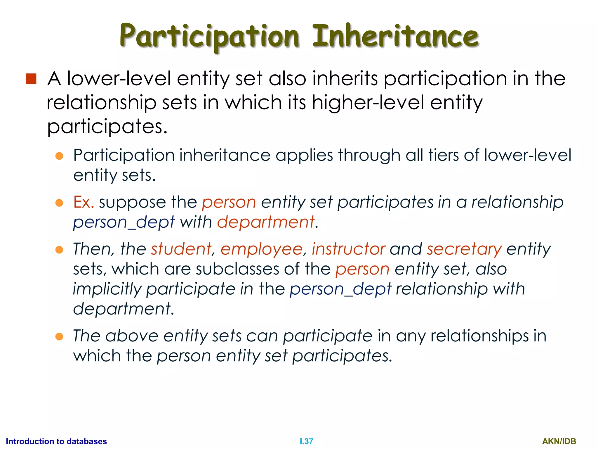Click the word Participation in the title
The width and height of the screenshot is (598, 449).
[x=209, y=37]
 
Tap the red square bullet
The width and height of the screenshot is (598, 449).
[x=31, y=79]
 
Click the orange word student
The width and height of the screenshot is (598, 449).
[x=181, y=249]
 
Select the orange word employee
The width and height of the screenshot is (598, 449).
[x=261, y=249]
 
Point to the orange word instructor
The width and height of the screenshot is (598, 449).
[x=348, y=249]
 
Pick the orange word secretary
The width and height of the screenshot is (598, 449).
[x=464, y=249]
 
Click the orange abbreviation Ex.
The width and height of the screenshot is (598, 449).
[x=84, y=202]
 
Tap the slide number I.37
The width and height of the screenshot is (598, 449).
[x=306, y=441]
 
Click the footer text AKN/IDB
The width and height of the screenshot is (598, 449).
[x=559, y=441]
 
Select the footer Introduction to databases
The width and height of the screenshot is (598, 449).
[x=56, y=441]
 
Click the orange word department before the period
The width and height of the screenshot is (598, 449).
[x=266, y=222]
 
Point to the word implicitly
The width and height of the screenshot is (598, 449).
[x=107, y=289]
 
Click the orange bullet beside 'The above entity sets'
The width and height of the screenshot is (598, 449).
[x=59, y=336]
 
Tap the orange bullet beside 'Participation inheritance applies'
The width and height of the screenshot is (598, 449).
[x=59, y=156]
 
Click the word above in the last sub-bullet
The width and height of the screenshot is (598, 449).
[x=132, y=336]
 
